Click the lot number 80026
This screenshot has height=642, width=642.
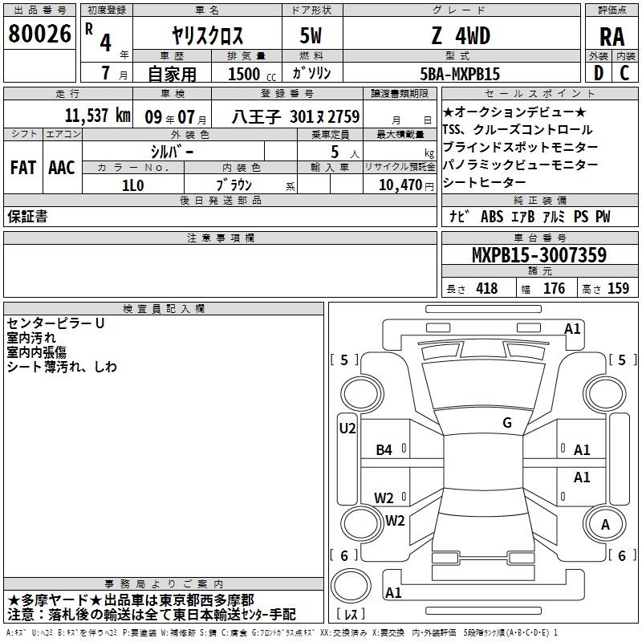click(x=39, y=34)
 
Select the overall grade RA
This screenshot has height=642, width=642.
click(x=612, y=37)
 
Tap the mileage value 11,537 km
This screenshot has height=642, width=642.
click(x=97, y=116)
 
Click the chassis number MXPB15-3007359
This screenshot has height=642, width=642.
click(x=539, y=254)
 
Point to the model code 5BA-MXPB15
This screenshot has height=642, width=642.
click(x=460, y=74)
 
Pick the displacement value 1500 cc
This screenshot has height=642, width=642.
click(x=252, y=74)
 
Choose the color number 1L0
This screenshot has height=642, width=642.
click(x=133, y=185)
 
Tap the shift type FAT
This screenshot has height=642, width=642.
click(x=23, y=168)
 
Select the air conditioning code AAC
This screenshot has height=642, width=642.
click(x=62, y=168)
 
